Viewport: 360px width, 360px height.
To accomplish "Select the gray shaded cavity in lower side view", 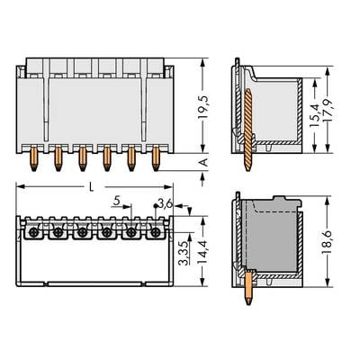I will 270,238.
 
